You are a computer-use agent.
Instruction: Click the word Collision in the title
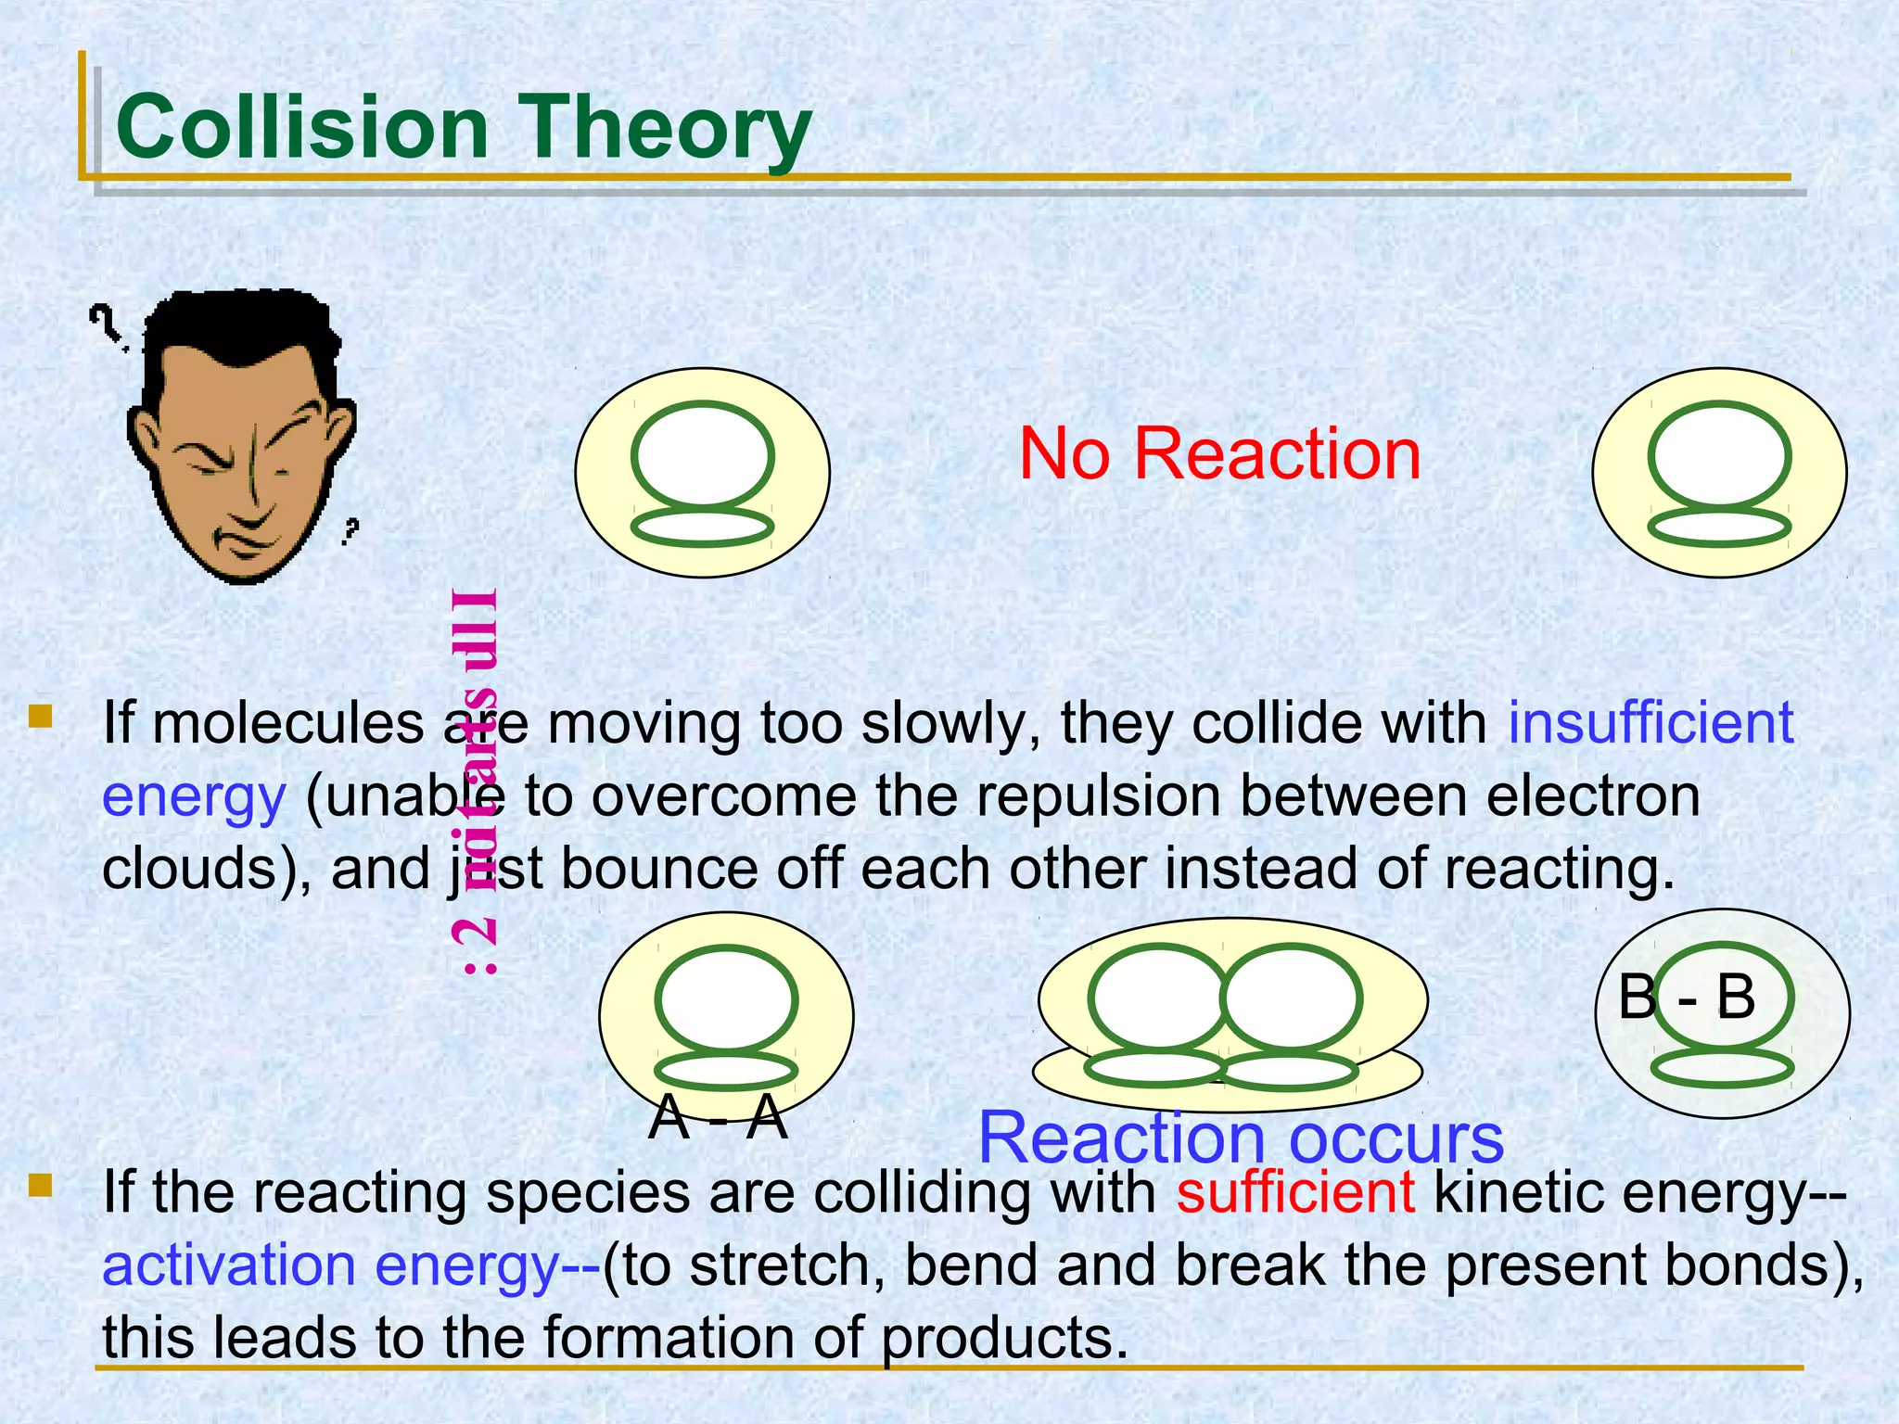pyautogui.click(x=301, y=127)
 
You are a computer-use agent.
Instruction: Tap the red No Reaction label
pyautogui.click(x=1218, y=453)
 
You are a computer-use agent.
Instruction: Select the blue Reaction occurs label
pyautogui.click(x=1241, y=1138)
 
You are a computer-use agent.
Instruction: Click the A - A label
pyautogui.click(x=718, y=1117)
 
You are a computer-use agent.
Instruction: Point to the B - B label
pyautogui.click(x=1686, y=998)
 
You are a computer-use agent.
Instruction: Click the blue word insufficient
pyautogui.click(x=1650, y=722)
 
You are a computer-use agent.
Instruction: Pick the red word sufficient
pyautogui.click(x=1294, y=1191)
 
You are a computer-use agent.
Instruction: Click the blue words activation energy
pyautogui.click(x=329, y=1265)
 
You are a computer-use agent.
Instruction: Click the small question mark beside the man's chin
pyautogui.click(x=349, y=531)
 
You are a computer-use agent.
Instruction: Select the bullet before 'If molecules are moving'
pyautogui.click(x=41, y=717)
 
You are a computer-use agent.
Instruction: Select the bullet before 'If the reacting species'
pyautogui.click(x=41, y=1186)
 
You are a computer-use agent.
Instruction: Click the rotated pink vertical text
pyautogui.click(x=478, y=779)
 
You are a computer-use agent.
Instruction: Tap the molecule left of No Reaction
pyautogui.click(x=702, y=472)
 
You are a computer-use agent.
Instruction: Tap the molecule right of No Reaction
pyautogui.click(x=1718, y=472)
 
